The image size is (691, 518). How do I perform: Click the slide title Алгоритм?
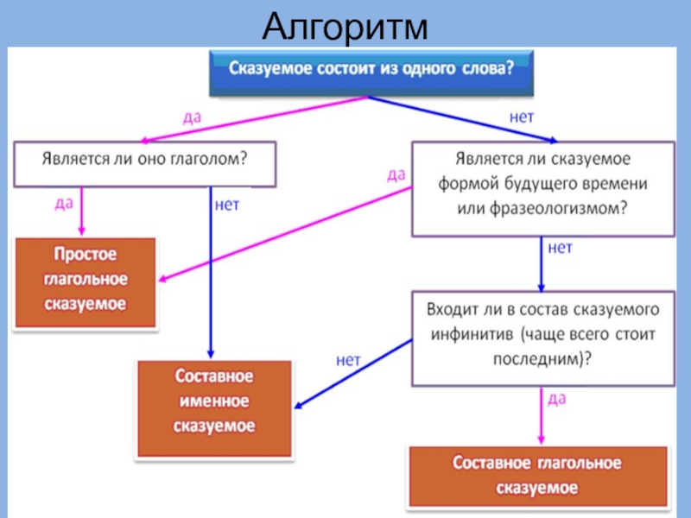(x=345, y=26)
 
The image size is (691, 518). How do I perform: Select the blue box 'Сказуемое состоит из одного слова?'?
(x=371, y=72)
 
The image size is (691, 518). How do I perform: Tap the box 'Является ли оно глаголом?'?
(x=144, y=162)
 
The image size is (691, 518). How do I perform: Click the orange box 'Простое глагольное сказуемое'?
(x=86, y=280)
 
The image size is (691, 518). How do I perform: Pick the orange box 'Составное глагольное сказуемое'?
(x=537, y=475)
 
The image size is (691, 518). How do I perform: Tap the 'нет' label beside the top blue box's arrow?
(x=522, y=116)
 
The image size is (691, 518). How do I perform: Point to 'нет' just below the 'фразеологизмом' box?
(x=560, y=248)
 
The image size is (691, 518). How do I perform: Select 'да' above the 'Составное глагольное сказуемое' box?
(x=556, y=399)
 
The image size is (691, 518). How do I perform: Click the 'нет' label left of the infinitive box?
(x=348, y=361)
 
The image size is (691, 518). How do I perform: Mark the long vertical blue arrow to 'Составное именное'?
(x=211, y=276)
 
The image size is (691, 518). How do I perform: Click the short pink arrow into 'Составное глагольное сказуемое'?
(x=542, y=419)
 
